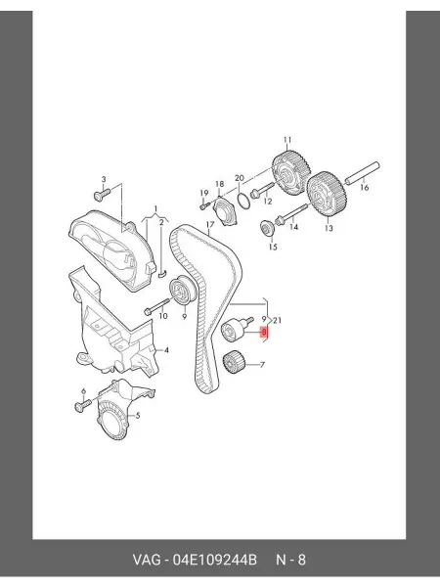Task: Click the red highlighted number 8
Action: (x=265, y=332)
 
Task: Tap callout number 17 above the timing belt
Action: (x=210, y=224)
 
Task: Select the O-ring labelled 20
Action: (x=242, y=201)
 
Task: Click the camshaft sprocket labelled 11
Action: (x=291, y=173)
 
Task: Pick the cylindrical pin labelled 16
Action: (x=362, y=173)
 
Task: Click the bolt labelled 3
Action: (x=101, y=194)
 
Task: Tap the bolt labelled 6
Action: (x=83, y=406)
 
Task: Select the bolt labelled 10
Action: (x=156, y=306)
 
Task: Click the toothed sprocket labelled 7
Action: (x=233, y=362)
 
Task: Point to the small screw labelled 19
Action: (x=205, y=205)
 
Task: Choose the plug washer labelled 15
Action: (x=267, y=228)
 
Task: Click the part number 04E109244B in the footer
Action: (x=214, y=560)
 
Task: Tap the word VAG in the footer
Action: (x=148, y=560)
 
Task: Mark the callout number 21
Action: (x=278, y=320)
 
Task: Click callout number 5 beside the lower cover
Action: (x=138, y=416)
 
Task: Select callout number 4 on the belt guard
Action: (x=166, y=350)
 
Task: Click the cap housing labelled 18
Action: (x=225, y=212)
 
